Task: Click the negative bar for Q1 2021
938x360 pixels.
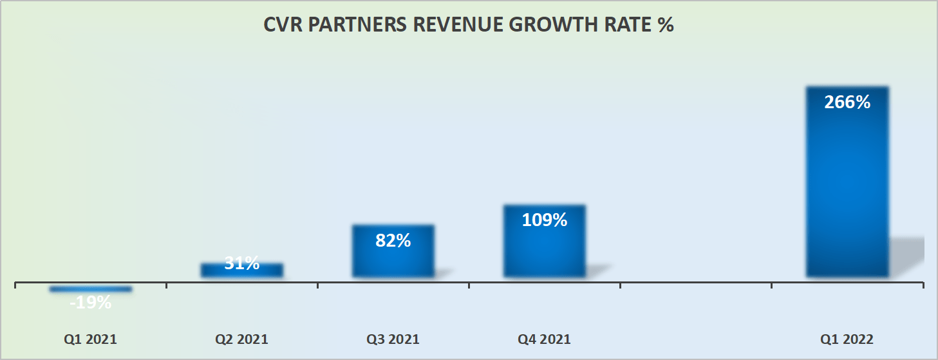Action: [x=91, y=289]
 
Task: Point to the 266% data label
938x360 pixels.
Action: [x=847, y=102]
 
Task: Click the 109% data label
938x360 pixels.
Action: [x=545, y=220]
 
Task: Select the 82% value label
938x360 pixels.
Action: [x=393, y=241]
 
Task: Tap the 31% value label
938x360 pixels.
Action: [x=242, y=263]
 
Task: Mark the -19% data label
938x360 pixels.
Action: [x=91, y=302]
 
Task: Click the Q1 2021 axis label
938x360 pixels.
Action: [x=91, y=339]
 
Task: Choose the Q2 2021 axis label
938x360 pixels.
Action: [x=242, y=339]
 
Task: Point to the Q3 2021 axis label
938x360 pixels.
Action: [x=393, y=339]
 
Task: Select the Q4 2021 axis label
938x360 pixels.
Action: [x=545, y=339]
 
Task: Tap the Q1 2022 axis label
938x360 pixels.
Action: [x=847, y=339]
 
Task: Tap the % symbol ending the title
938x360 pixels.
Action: [x=665, y=26]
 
